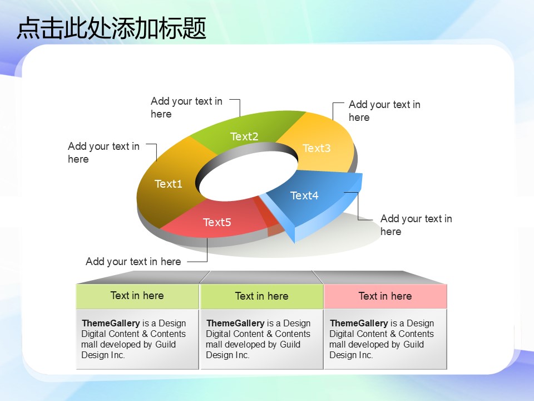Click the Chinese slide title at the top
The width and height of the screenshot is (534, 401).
pyautogui.click(x=111, y=28)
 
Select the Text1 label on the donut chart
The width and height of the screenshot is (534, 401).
pyautogui.click(x=168, y=184)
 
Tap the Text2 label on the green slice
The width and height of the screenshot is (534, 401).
pyautogui.click(x=244, y=136)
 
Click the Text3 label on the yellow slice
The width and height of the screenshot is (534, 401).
pyautogui.click(x=317, y=148)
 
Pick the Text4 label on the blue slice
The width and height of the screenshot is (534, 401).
pyautogui.click(x=304, y=195)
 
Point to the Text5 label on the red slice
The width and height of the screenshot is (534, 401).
pyautogui.click(x=217, y=222)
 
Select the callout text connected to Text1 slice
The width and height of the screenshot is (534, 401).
pyautogui.click(x=103, y=153)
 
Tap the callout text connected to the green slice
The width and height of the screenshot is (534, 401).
pyautogui.click(x=186, y=107)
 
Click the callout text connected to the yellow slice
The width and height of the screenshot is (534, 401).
pyautogui.click(x=384, y=111)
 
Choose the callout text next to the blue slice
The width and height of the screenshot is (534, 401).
pyautogui.click(x=416, y=225)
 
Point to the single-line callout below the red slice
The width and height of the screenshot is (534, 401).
pyautogui.click(x=133, y=262)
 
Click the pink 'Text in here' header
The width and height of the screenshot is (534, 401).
pyautogui.click(x=385, y=296)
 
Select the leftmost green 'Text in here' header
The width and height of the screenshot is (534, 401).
pyautogui.click(x=137, y=296)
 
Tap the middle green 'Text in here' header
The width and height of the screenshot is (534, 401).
pyautogui.click(x=261, y=296)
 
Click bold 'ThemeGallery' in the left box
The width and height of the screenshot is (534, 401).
pyautogui.click(x=111, y=323)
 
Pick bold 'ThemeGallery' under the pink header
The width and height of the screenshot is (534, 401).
pyautogui.click(x=359, y=323)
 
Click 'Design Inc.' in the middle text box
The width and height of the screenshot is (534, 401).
pyautogui.click(x=228, y=355)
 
